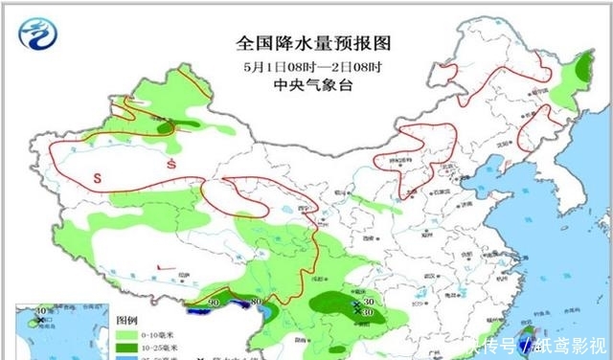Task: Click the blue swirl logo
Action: click(x=37, y=32)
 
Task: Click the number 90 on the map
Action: click(x=214, y=303)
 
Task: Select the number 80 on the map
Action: click(x=256, y=304)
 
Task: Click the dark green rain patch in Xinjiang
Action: click(x=167, y=125)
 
